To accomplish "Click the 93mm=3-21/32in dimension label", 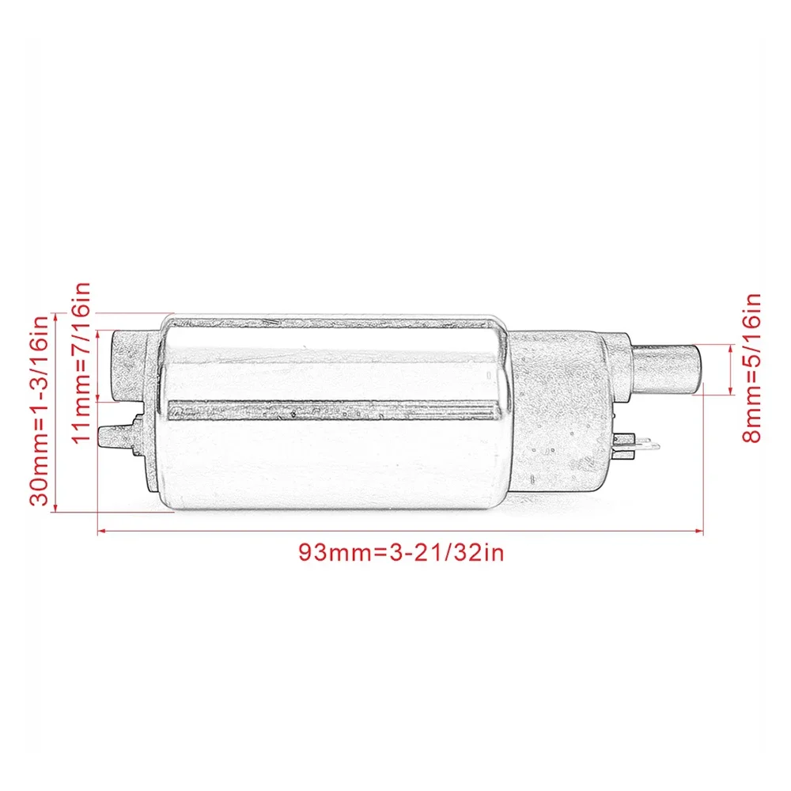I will [400, 551].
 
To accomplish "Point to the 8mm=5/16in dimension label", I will [752, 368].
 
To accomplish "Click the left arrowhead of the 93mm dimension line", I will [100, 532].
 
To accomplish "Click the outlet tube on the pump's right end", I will [668, 368].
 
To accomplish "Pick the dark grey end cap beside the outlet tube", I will [562, 411].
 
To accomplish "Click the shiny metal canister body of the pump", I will [332, 459].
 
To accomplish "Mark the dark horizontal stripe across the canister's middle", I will [332, 410].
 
